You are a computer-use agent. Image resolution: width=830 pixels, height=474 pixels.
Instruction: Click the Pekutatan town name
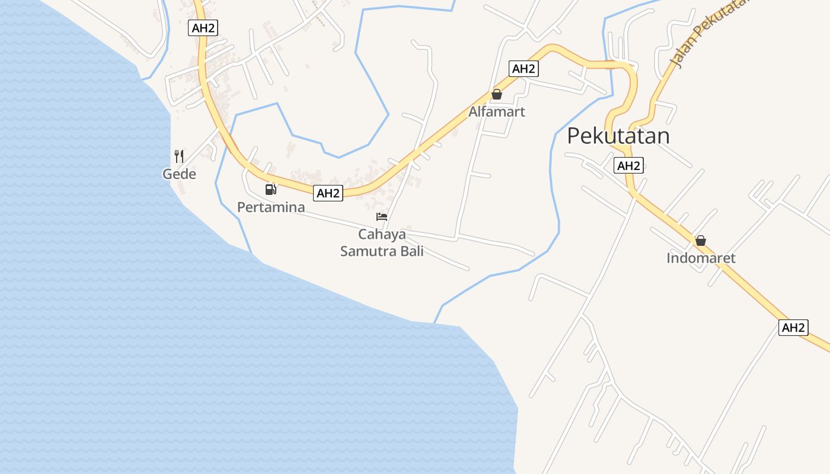coord(618,136)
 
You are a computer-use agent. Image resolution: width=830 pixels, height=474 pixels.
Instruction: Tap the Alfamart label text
coord(497,111)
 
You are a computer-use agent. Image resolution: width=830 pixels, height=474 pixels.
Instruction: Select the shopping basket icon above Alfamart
coord(497,94)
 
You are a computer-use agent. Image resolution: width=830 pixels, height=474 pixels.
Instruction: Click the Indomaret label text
coord(701,258)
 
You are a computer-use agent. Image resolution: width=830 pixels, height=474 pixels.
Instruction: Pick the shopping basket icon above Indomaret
coord(701,241)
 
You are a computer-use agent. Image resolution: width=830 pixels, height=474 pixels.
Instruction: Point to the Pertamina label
coord(271,207)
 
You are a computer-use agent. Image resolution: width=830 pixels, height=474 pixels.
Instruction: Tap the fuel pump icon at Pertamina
coord(271,189)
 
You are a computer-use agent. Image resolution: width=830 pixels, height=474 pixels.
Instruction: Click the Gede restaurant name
coord(179,174)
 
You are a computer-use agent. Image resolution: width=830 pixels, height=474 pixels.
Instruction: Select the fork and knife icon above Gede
coord(179,156)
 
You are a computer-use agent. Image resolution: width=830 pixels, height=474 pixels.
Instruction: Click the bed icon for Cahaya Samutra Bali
coord(382,217)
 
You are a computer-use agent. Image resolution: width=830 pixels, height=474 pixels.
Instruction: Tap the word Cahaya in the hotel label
coord(382,233)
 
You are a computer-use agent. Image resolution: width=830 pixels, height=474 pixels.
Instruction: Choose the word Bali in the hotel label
coord(413,251)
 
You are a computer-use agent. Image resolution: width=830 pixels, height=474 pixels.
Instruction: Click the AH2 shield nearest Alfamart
coord(523,69)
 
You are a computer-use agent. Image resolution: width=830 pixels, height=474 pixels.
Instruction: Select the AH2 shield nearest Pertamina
coord(328,193)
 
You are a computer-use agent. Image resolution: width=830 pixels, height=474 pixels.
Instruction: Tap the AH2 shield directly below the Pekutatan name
coord(628,166)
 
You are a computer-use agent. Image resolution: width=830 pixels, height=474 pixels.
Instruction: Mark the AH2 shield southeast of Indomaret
coord(793,328)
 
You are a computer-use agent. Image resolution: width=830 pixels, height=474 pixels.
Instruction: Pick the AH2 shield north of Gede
coord(203,28)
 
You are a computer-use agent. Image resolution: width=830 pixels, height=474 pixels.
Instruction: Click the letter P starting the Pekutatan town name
coord(573,136)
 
